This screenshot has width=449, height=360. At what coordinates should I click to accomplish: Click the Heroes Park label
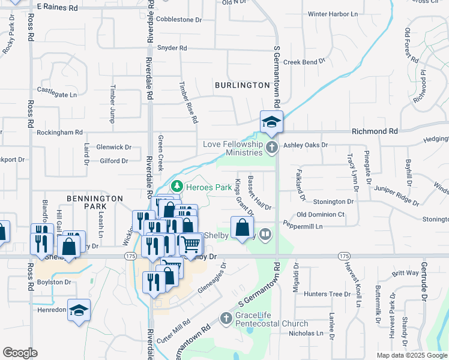click(208, 188)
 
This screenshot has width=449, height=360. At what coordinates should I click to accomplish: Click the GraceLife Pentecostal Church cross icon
click(225, 317)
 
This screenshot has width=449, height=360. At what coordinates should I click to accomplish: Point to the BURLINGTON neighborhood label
click(243, 85)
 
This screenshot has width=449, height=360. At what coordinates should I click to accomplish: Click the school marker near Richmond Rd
click(271, 122)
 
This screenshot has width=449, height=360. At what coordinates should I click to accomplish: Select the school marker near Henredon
click(79, 310)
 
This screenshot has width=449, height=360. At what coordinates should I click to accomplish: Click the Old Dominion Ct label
click(321, 215)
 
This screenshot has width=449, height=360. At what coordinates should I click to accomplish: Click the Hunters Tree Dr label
click(327, 294)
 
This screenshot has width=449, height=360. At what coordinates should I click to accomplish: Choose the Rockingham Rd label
click(59, 132)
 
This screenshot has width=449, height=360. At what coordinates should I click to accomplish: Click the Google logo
click(20, 353)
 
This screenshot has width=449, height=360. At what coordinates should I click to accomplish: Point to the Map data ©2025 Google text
click(411, 355)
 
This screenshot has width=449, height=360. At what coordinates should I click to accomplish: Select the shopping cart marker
click(190, 244)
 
